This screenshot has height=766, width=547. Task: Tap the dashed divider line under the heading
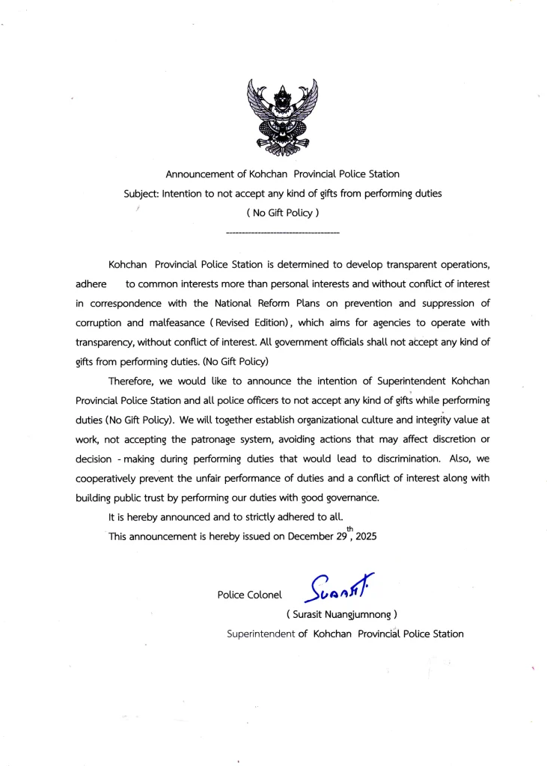click(282, 234)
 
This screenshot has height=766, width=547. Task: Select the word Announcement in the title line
click(200, 174)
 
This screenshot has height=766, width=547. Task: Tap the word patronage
click(216, 439)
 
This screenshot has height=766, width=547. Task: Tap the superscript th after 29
click(349, 527)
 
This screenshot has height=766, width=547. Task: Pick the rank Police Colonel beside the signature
click(249, 595)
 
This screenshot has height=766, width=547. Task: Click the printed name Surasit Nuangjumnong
click(341, 614)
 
